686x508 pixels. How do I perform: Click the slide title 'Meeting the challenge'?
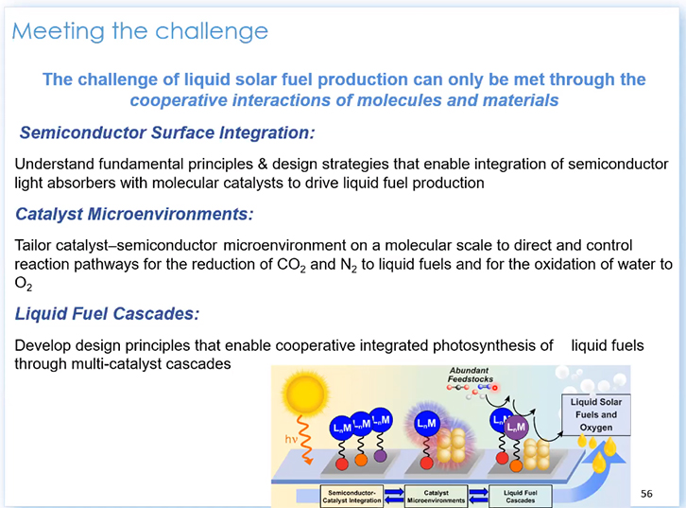(x=140, y=31)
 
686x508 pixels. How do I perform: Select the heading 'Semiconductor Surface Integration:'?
(x=167, y=132)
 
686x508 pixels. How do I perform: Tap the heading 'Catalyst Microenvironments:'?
(x=134, y=214)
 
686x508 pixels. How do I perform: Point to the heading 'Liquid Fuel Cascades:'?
(x=107, y=313)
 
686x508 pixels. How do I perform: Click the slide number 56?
(x=646, y=494)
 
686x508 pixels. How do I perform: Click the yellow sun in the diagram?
(x=305, y=394)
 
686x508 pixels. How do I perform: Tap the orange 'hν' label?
(x=290, y=439)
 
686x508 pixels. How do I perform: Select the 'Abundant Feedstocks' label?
(x=470, y=375)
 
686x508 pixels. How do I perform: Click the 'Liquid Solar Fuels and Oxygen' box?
(x=596, y=414)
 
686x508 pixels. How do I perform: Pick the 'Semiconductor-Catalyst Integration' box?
(x=352, y=497)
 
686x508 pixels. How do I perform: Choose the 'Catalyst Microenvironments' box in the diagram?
(x=436, y=497)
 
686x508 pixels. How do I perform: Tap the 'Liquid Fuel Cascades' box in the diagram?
(x=521, y=497)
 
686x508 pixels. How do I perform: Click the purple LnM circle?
(x=516, y=427)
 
